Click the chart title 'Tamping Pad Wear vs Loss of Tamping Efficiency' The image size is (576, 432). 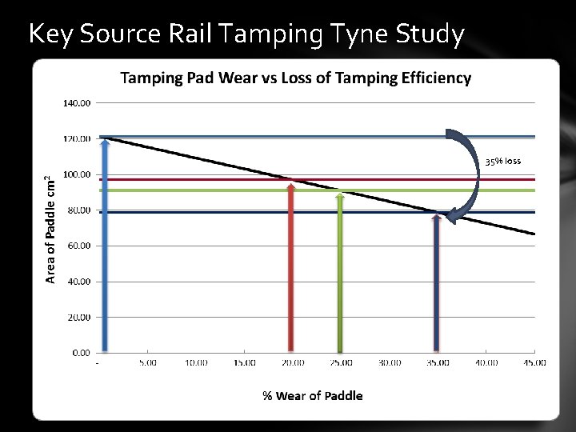click(x=295, y=78)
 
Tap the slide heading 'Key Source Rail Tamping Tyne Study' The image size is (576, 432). click(x=245, y=34)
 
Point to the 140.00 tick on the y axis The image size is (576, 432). click(x=77, y=103)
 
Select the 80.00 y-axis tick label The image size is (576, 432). click(x=78, y=210)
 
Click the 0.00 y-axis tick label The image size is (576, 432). click(x=81, y=352)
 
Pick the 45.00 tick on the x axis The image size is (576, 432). click(x=534, y=363)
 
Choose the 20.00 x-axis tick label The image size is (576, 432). click(x=292, y=363)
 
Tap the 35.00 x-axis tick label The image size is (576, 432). click(x=437, y=363)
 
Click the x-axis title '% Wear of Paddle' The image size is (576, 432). click(x=312, y=395)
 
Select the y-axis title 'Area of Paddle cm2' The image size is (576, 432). click(x=50, y=229)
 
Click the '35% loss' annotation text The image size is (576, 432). click(x=502, y=161)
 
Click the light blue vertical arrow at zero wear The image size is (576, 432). click(x=104, y=248)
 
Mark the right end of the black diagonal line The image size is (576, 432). click(x=534, y=234)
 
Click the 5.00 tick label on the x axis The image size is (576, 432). click(x=147, y=363)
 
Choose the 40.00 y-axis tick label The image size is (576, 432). click(x=78, y=282)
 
